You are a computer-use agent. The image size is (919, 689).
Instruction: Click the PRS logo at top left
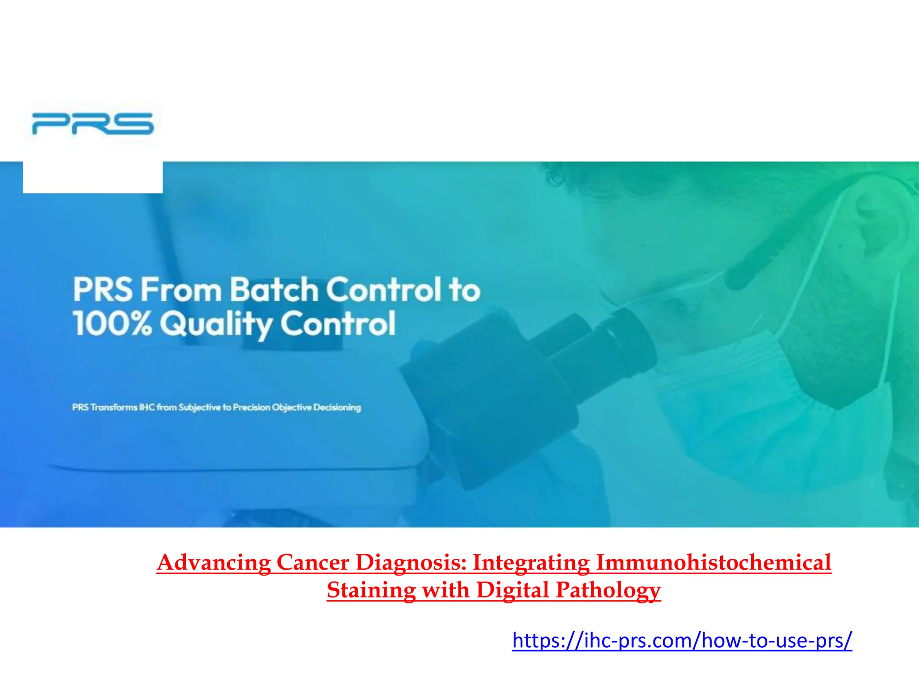[x=93, y=123]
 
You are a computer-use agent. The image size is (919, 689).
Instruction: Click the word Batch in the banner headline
[x=274, y=290]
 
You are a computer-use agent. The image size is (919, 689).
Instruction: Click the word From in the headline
[x=181, y=290]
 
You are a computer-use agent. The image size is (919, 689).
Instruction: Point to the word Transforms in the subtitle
[x=114, y=407]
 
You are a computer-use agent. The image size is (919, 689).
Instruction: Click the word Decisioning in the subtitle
[x=337, y=407]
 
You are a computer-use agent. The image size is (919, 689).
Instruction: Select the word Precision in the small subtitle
[x=251, y=407]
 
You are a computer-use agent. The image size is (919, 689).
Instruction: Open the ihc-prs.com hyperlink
[x=682, y=640]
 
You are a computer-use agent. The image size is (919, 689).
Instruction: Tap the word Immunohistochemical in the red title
[x=713, y=562]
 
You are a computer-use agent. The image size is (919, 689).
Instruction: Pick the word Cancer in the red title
[x=313, y=562]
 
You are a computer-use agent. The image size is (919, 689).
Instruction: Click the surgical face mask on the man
[x=763, y=404]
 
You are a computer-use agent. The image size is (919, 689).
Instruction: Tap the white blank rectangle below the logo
[x=93, y=177]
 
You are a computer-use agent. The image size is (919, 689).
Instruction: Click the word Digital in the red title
[x=512, y=590]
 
